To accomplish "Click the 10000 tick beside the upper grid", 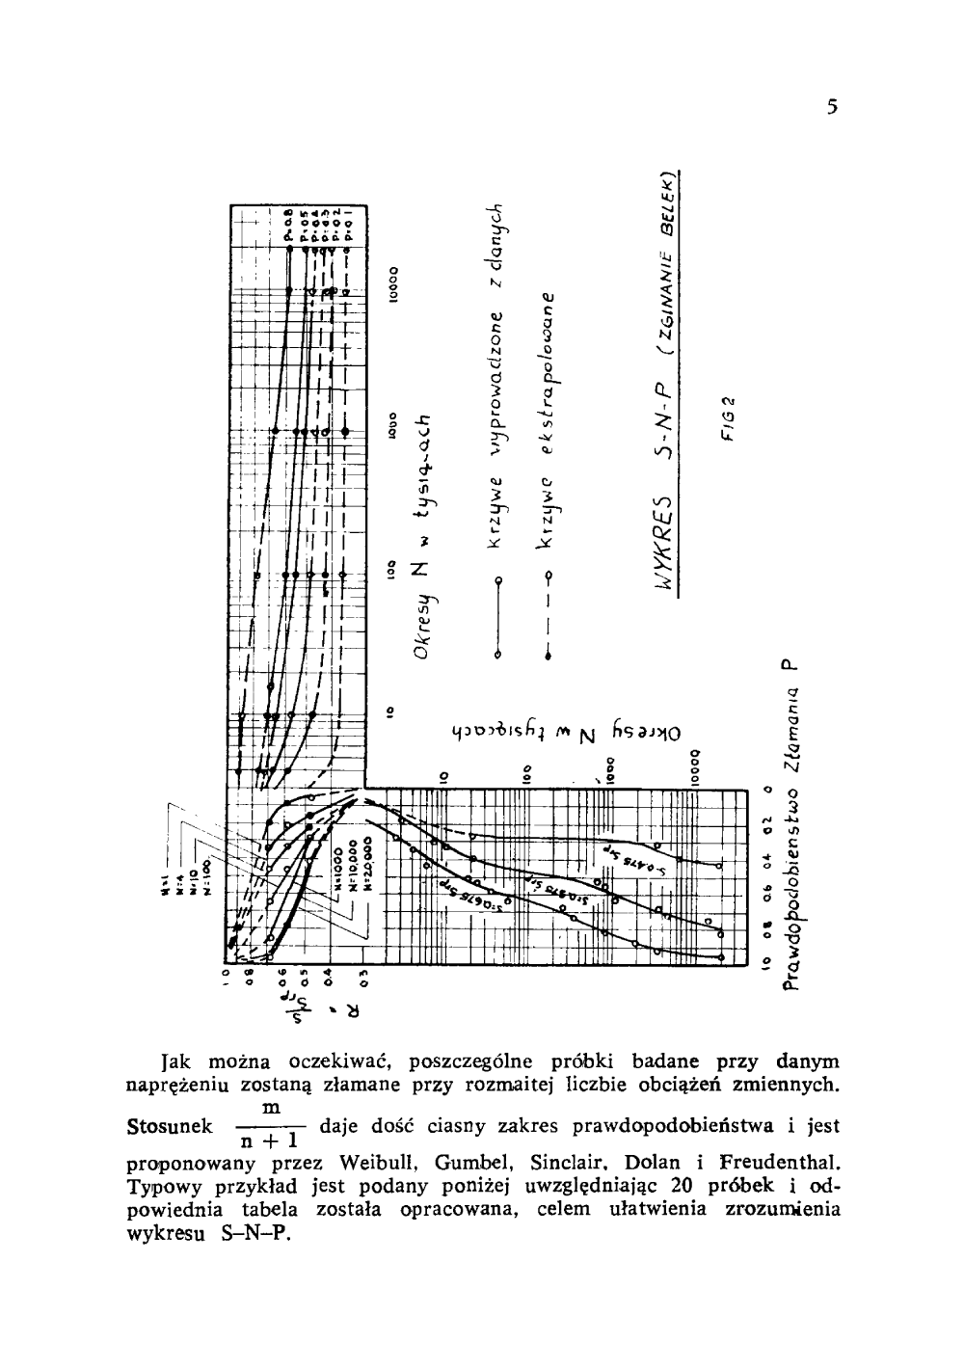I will pyautogui.click(x=393, y=284).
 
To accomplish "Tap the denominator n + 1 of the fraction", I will pyautogui.click(x=271, y=1142).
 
